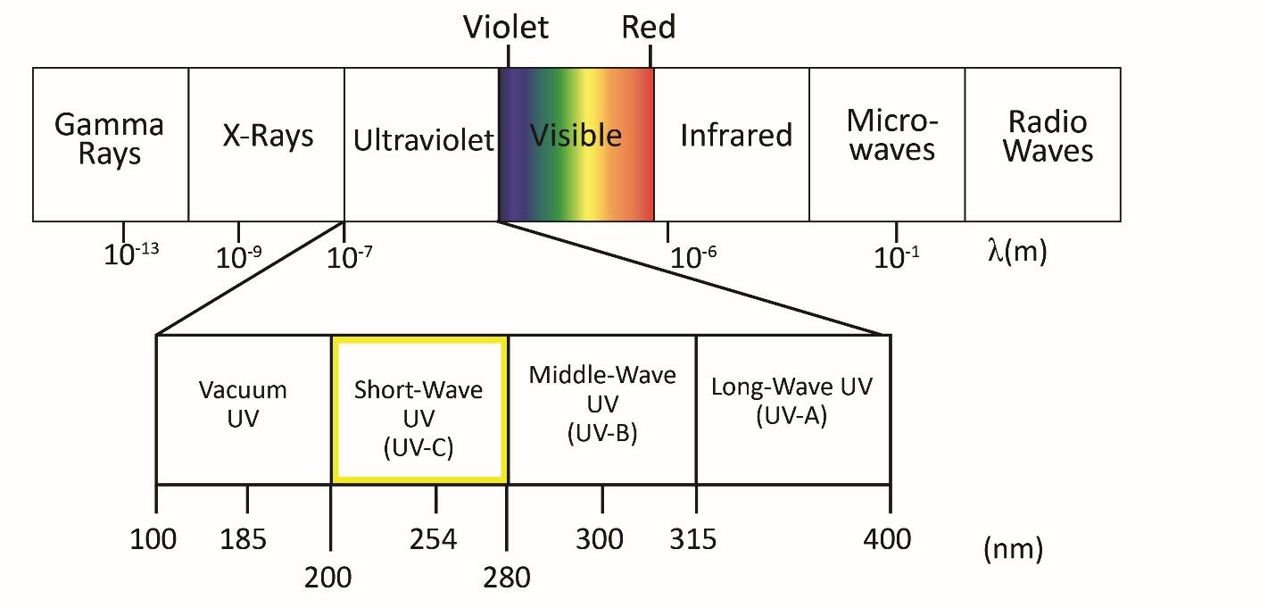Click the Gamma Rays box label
point(110,138)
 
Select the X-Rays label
point(268,136)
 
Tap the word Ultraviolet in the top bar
point(423,140)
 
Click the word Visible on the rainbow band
point(576,136)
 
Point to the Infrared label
point(736,136)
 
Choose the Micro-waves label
point(891,135)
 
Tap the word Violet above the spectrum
point(506,28)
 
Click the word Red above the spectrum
point(649,28)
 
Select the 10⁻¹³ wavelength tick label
point(131,254)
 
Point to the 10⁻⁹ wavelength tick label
point(239,257)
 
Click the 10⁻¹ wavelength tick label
point(897,257)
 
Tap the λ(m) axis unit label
point(1017,251)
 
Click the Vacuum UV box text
point(243,404)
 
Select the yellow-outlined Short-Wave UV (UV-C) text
point(418,418)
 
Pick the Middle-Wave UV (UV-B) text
point(602,404)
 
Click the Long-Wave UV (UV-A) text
point(791,401)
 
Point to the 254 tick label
point(434,539)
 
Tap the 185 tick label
point(244,539)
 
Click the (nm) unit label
point(1013,549)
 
